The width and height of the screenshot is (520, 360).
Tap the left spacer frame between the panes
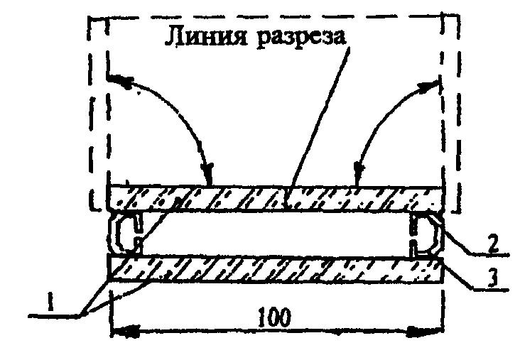pyautogui.click(x=124, y=233)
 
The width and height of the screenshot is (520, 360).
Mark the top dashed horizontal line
pyautogui.click(x=270, y=16)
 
